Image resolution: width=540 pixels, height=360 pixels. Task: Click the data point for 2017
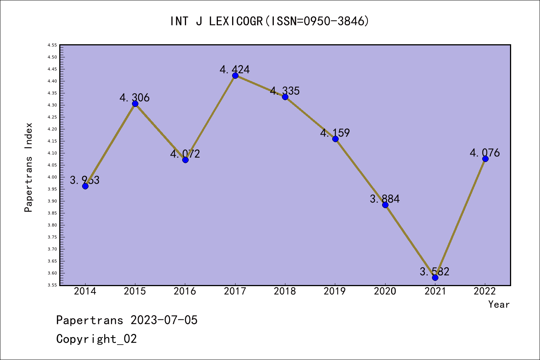click(235, 76)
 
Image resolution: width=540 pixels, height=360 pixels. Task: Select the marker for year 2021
click(435, 277)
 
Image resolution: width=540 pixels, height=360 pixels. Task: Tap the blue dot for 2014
click(85, 186)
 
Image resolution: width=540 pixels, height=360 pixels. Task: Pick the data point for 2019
click(335, 139)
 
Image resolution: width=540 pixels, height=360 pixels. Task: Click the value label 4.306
click(135, 98)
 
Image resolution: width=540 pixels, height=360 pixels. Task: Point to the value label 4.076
click(485, 153)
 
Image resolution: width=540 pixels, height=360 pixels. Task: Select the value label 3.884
click(385, 199)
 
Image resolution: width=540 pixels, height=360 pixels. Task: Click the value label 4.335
click(285, 91)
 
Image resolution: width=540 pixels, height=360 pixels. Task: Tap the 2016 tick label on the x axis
click(185, 291)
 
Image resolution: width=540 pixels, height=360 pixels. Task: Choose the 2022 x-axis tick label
click(485, 291)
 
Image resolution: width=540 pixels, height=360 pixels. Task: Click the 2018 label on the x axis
click(285, 291)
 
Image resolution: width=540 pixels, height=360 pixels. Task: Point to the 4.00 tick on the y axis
click(52, 177)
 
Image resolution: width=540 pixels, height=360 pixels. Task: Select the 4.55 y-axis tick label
click(52, 45)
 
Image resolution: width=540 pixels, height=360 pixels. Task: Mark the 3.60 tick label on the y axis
click(52, 273)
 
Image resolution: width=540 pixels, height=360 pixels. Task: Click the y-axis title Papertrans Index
click(28, 167)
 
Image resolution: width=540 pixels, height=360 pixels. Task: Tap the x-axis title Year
click(499, 304)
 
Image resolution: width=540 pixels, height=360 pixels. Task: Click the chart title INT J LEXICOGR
click(270, 21)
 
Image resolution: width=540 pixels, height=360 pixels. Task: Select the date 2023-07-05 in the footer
click(164, 320)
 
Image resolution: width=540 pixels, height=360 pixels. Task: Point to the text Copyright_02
click(97, 339)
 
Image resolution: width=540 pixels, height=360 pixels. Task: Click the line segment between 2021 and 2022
click(460, 218)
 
